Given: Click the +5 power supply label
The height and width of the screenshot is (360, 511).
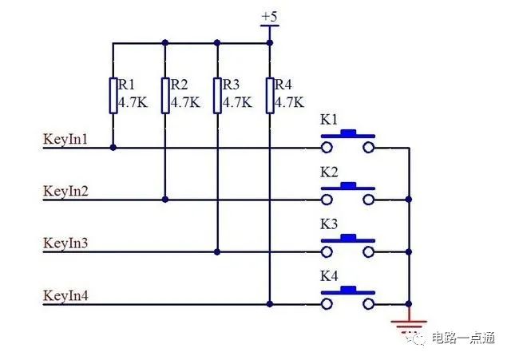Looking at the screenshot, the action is (270, 16).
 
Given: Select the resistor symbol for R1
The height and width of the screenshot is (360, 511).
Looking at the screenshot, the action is (113, 96).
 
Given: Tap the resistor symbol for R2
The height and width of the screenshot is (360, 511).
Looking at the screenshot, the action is (165, 96).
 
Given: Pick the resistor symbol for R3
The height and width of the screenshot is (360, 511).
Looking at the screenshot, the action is (217, 96).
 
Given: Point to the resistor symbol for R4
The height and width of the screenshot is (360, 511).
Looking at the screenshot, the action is (270, 96).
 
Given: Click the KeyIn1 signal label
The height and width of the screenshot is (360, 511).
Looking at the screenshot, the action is (65, 140).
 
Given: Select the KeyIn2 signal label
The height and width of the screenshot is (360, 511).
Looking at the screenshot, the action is (65, 192).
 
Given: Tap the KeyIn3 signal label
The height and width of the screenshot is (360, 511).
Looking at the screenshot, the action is (65, 243).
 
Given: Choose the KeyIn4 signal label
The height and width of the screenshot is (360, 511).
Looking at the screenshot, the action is (65, 296).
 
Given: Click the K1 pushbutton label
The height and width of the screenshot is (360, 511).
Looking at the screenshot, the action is (329, 120).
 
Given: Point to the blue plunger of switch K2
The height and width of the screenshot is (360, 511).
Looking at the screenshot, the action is (348, 186).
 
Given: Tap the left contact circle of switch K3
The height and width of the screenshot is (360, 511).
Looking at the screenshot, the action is (327, 251).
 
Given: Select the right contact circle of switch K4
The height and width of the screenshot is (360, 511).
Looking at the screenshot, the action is (369, 304).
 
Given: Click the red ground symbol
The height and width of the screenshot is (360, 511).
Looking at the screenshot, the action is (409, 323).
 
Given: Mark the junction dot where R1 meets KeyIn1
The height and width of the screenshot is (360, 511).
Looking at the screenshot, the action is (113, 148).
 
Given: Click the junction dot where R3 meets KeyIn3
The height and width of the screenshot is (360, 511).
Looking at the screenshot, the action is (217, 251).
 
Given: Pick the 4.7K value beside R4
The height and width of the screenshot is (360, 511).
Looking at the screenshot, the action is (290, 103).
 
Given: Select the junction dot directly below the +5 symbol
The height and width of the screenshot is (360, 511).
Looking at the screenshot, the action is (270, 42).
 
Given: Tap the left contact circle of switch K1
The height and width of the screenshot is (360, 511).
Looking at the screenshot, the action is (327, 148).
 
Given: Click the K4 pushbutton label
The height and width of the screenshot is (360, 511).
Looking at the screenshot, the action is (329, 276).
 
